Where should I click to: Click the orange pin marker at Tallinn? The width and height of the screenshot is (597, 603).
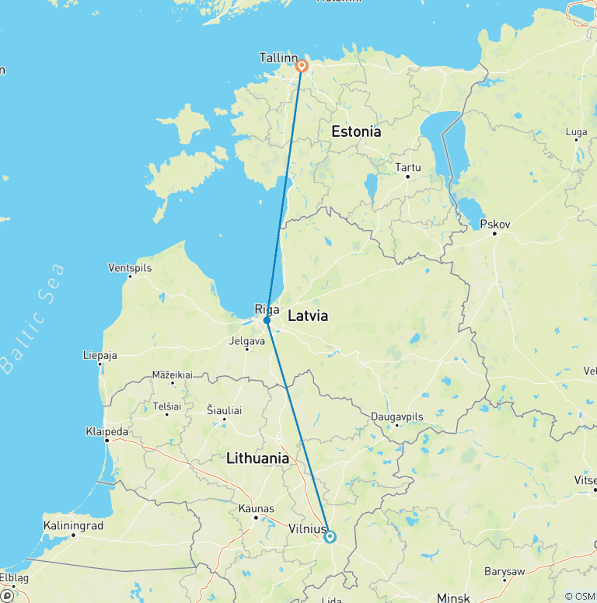coord(302,67)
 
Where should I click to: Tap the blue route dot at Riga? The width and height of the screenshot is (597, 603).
coord(267,320)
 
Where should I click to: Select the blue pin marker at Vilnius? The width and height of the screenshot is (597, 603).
coord(330,536)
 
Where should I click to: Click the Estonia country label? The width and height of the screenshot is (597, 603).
coord(356,131)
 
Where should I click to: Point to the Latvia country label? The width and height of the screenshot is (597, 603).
coord(308,316)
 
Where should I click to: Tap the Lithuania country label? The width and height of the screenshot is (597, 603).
coord(257,458)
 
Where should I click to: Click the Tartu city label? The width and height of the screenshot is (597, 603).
coord(407,167)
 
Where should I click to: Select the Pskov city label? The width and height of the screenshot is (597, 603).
coord(494,224)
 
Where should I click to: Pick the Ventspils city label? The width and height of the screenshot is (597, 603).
coord(130,268)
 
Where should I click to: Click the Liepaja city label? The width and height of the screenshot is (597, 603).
coord(99,355)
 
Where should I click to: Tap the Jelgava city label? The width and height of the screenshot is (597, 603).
coord(247,340)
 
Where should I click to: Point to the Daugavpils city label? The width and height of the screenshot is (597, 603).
coord(396,417)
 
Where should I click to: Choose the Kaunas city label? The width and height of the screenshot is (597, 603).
coord(256,509)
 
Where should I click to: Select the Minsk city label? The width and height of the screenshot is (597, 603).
coord(453,598)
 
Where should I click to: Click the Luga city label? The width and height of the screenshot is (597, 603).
coord(576,132)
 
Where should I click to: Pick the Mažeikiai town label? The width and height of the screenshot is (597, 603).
coord(173,375)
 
